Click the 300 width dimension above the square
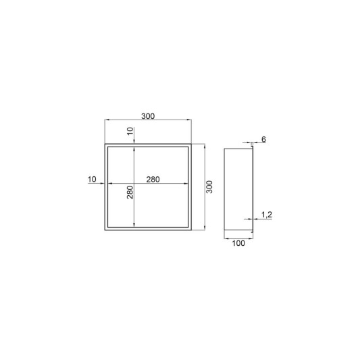tap(148, 116)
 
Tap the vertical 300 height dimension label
tap(209, 187)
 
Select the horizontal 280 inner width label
tap(153, 179)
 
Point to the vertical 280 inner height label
tap(130, 192)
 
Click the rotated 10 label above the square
tap(130, 131)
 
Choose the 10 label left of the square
tap(92, 179)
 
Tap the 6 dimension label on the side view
tap(263, 139)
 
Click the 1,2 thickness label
tap(267, 215)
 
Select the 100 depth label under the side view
tap(238, 243)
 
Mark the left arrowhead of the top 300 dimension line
tap(107, 120)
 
